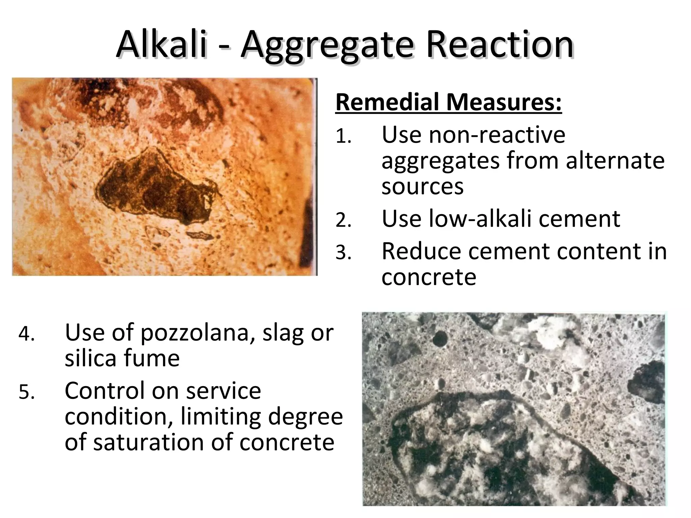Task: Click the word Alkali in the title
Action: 161,45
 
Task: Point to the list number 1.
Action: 343,137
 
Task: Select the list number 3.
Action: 343,253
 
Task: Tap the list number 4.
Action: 27,334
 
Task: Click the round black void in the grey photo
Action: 440,339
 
